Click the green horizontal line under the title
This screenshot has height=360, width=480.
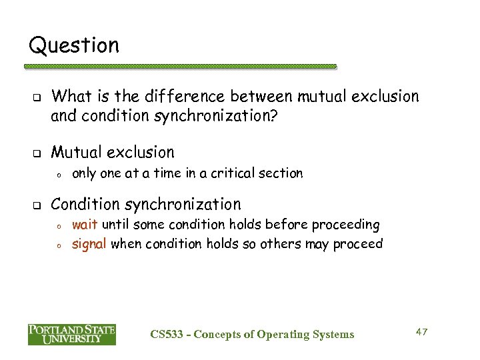[x=181, y=67]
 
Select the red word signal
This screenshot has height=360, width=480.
[x=89, y=243]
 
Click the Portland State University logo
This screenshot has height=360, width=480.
[x=72, y=334]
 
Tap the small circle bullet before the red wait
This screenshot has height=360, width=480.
[x=59, y=225]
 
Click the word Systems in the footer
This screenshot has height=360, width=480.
[x=333, y=334]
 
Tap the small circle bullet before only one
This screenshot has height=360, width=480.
[x=59, y=174]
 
